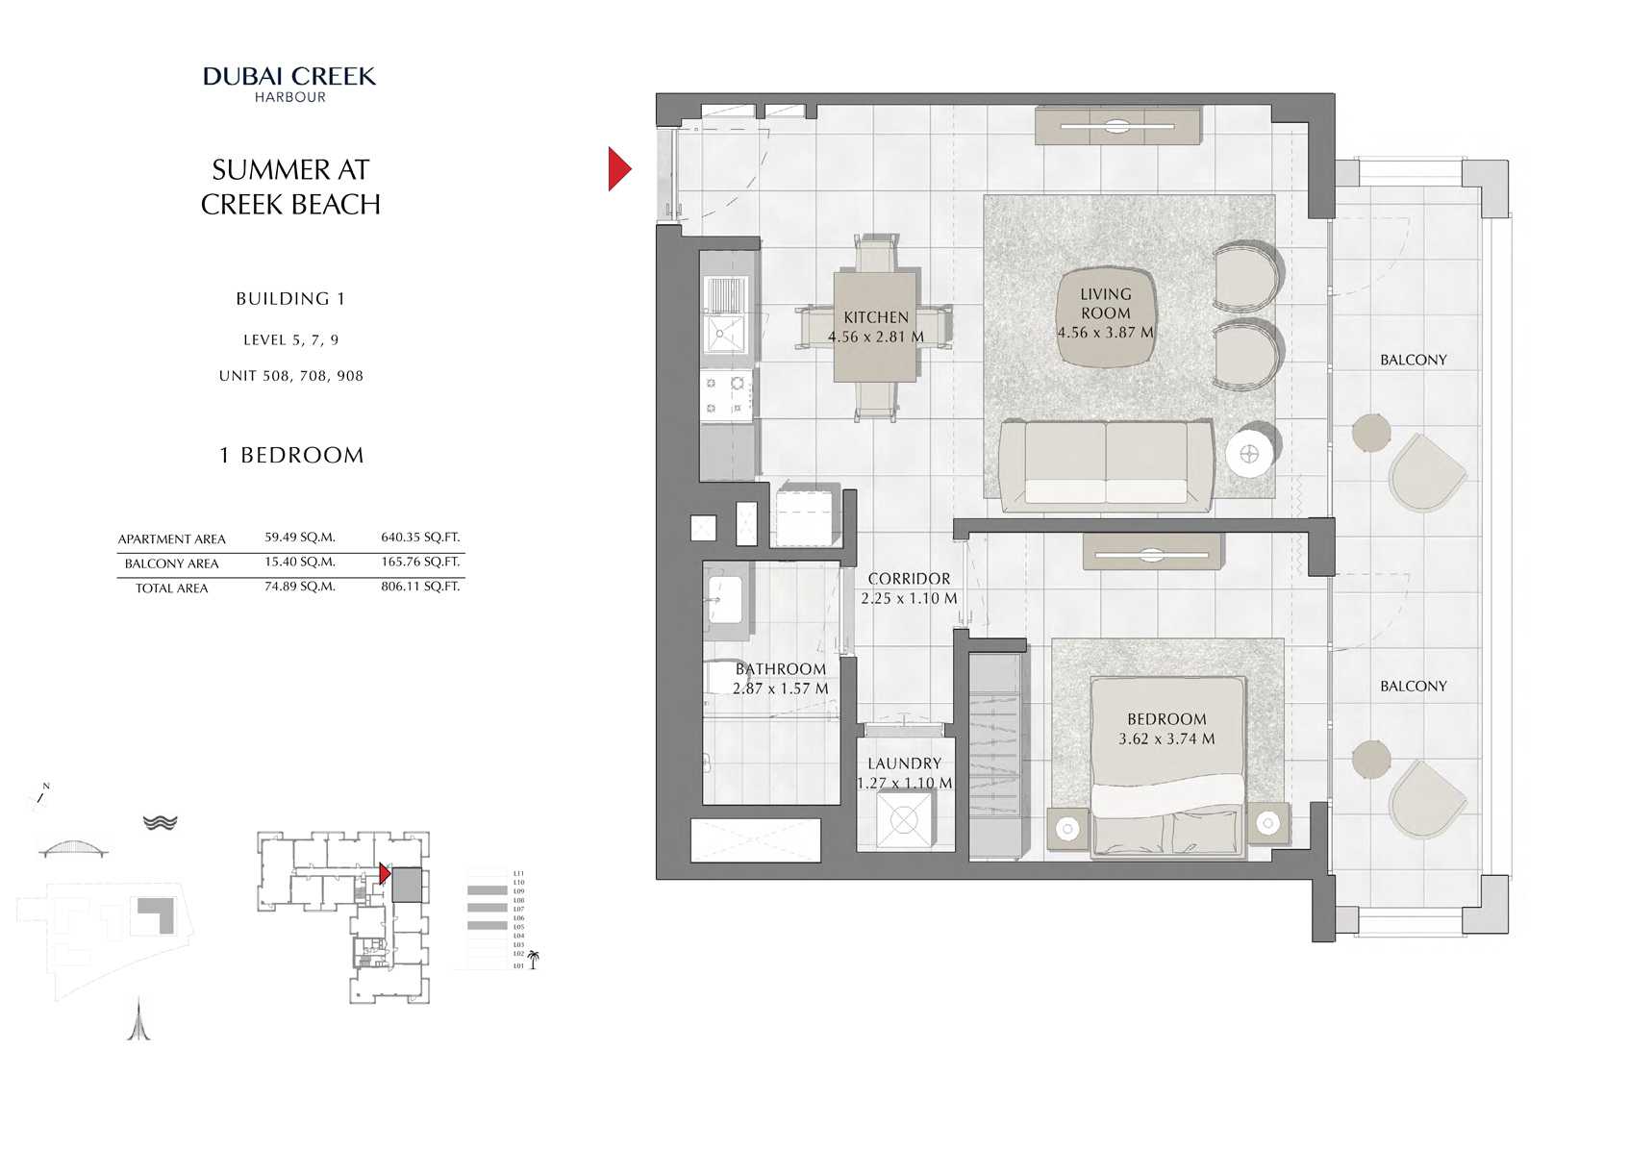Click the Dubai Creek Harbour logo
[289, 83]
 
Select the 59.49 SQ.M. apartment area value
[300, 538]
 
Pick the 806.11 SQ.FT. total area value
[420, 586]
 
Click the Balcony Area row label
[171, 563]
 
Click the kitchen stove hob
[724, 395]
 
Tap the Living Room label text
[1105, 304]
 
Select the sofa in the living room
[1106, 463]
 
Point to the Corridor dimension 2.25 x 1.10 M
[909, 598]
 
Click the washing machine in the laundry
[904, 820]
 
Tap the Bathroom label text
[780, 669]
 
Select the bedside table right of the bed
[1268, 824]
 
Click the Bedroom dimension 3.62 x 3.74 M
[1166, 738]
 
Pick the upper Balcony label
[1413, 360]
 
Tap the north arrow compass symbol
[41, 796]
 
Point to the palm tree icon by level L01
[534, 959]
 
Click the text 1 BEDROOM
[291, 455]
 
